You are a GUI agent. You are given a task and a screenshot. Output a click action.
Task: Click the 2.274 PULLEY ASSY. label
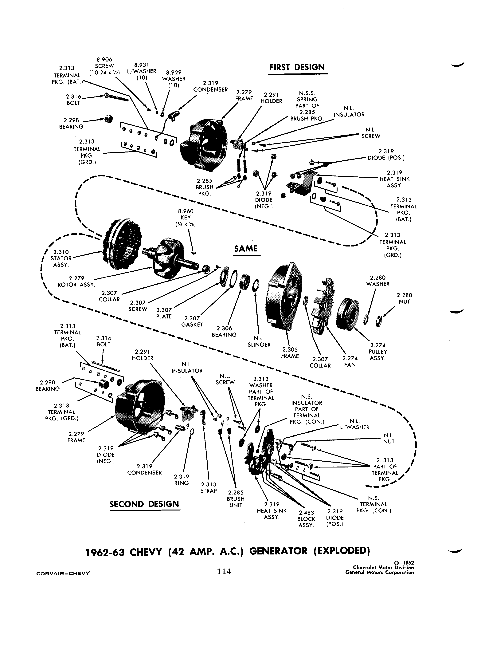pos(378,352)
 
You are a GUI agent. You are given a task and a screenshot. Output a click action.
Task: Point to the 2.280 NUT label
pos(404,298)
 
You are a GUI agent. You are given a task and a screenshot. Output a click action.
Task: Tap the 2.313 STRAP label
pos(209,488)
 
